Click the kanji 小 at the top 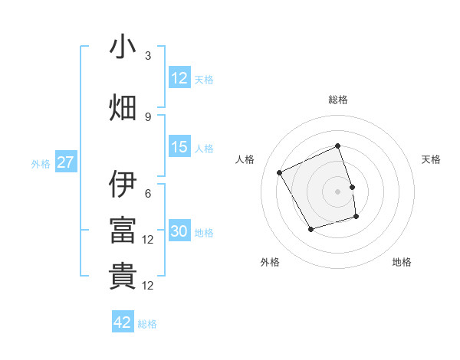[x=123, y=47]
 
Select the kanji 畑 [x=123, y=108]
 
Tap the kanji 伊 [x=123, y=185]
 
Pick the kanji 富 [x=123, y=231]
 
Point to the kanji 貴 [x=123, y=277]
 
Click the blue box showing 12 [x=179, y=78]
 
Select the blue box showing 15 [x=179, y=147]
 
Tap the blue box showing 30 [x=179, y=231]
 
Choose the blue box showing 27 [x=65, y=162]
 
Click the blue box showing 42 [x=123, y=322]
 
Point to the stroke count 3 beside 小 [x=148, y=56]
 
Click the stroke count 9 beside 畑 [x=148, y=116]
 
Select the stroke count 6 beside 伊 [x=148, y=193]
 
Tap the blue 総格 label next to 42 [x=147, y=324]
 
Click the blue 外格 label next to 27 [x=41, y=163]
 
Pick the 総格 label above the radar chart [x=337, y=100]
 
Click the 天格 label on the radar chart [x=432, y=159]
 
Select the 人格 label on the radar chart [x=245, y=159]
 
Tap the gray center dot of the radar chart [x=337, y=191]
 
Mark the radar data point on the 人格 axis [x=280, y=172]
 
